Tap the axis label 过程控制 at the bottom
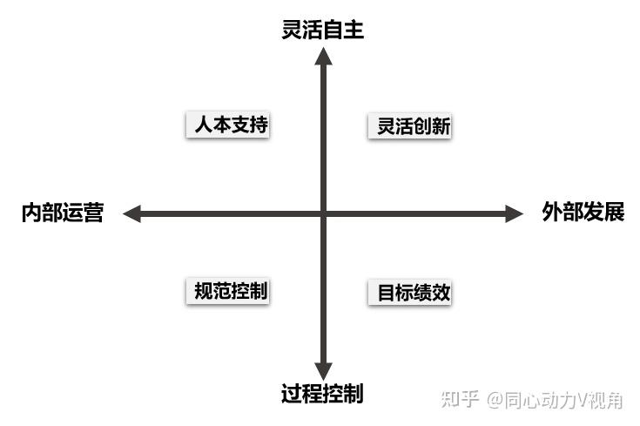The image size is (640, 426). coord(322,394)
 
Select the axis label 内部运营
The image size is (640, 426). coord(63,213)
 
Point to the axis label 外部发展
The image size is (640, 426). coord(583,213)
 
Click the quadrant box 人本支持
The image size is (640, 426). coord(227,125)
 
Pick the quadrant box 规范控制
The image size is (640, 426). coord(227,291)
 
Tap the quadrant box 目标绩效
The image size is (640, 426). coord(414,293)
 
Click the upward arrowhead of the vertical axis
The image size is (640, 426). coord(323,57)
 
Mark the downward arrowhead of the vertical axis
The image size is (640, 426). coord(323,371)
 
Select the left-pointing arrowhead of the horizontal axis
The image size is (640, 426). coord(132,213)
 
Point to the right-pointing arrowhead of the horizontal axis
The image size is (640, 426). coord(514,213)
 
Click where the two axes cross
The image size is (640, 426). coord(323,213)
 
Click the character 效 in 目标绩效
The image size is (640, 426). coord(441,293)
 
